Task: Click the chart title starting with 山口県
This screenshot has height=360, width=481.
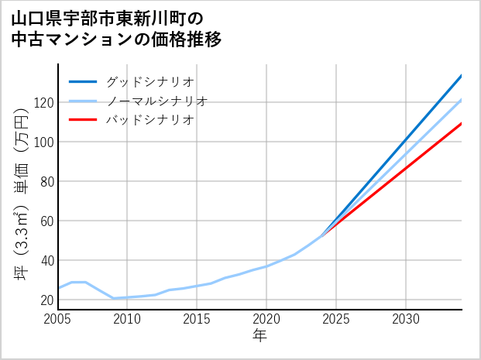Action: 116,28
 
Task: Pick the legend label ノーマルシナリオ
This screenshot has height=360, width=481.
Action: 156,101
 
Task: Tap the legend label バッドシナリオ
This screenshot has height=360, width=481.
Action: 149,120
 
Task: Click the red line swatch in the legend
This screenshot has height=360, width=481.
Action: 83,120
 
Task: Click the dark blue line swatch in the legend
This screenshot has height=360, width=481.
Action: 83,81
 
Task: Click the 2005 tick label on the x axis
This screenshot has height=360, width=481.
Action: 58,319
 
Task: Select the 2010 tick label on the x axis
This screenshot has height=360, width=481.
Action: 127,319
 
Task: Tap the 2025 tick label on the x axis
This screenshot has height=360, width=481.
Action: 336,319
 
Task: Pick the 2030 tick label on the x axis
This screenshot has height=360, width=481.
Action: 406,319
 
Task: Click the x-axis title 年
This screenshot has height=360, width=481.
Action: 259,336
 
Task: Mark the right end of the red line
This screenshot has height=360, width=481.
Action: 462,123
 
